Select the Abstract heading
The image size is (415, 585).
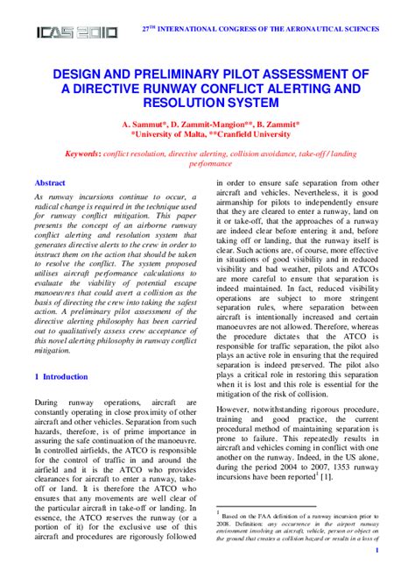point(49,182)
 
